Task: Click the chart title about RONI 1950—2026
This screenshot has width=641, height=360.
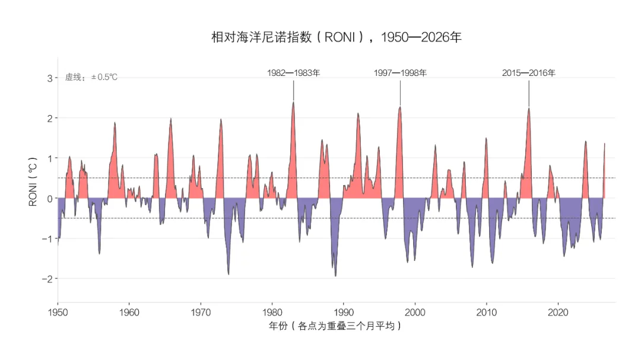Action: coord(336,37)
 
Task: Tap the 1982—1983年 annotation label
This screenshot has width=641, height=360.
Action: coord(294,73)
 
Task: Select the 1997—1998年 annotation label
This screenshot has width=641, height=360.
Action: coord(400,73)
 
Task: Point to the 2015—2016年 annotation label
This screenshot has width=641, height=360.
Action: coord(529,73)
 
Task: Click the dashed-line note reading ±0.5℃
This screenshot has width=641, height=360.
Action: coord(91,77)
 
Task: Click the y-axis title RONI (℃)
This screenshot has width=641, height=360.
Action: coord(33,181)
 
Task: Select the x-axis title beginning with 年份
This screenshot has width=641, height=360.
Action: coord(335,326)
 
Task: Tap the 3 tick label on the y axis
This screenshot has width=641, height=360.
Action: coord(50,78)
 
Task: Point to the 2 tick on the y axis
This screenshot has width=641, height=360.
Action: coord(50,119)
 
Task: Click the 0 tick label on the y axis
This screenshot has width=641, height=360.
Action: coord(50,199)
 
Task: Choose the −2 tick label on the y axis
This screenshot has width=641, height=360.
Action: coord(47,279)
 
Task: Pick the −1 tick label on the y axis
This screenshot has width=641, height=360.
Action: coord(47,238)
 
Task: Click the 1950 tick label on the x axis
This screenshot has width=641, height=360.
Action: coord(58,313)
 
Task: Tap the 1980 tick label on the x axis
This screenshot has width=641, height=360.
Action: coord(272,313)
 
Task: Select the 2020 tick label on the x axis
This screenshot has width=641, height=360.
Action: coord(558,313)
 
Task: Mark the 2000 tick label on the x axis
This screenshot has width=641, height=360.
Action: coord(415,313)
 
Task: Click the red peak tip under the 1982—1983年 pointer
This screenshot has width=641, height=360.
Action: coord(293,102)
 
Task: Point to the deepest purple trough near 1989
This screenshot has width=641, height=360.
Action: coord(335,276)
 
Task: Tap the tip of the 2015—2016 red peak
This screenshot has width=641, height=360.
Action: coord(529,109)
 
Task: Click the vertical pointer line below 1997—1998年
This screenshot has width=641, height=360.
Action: coord(400,94)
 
